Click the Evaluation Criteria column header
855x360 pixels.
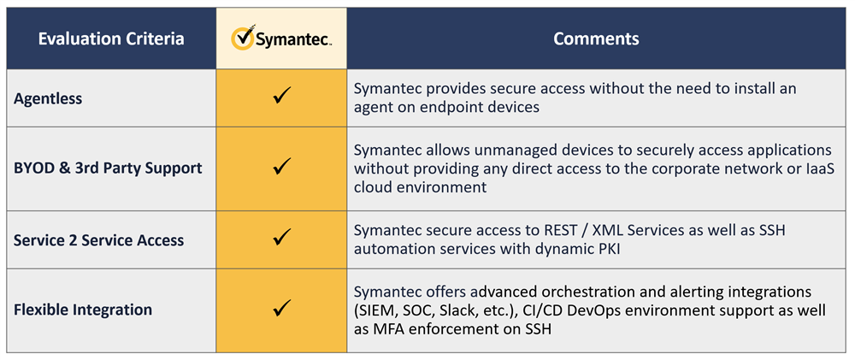pyautogui.click(x=111, y=39)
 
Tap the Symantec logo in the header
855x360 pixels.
pyautogui.click(x=281, y=38)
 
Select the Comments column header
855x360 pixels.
pyautogui.click(x=596, y=38)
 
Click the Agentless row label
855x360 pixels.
pyautogui.click(x=48, y=98)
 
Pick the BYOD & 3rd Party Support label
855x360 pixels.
pyautogui.click(x=108, y=168)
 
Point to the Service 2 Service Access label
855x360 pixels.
pyautogui.click(x=98, y=240)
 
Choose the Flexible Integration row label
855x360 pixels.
pyautogui.click(x=83, y=310)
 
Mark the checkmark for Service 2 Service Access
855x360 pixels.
pyautogui.click(x=281, y=237)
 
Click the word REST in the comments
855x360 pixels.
pyautogui.click(x=560, y=231)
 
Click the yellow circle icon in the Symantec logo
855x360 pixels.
pyautogui.click(x=243, y=38)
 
